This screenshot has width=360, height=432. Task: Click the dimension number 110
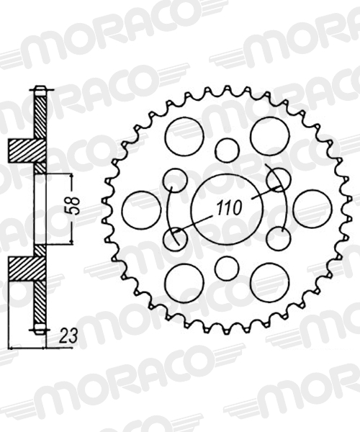229,208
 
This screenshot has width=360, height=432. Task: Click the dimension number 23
68,336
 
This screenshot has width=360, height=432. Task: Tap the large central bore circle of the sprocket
227,210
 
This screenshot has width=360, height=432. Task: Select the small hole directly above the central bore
227,150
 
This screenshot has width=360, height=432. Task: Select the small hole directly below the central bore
226,269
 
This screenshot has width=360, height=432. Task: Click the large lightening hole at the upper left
184,136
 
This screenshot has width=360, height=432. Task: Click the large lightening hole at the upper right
270,136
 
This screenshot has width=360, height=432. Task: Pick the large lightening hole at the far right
312,209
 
